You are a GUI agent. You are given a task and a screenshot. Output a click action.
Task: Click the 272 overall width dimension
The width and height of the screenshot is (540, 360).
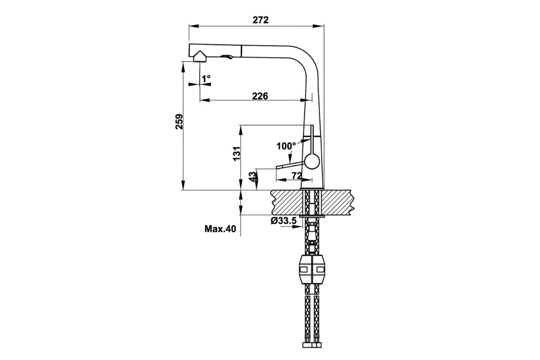tap(260, 20)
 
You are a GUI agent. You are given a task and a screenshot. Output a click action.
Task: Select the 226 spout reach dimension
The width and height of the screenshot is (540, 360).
tap(260, 96)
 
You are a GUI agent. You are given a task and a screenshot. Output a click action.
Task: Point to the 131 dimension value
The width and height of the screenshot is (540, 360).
tap(237, 154)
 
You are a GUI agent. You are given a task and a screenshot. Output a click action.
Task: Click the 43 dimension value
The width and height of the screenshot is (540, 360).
tap(253, 176)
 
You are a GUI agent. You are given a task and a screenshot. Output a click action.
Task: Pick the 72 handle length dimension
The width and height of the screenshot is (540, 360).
tap(296, 176)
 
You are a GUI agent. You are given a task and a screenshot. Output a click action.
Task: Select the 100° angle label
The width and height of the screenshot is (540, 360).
tap(286, 146)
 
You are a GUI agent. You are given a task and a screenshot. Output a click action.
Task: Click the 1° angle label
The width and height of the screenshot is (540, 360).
tap(206, 78)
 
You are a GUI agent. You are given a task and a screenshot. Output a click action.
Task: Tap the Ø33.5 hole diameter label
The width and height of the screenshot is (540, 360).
tap(284, 221)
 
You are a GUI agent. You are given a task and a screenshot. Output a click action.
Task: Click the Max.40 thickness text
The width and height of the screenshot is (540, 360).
tap(220, 229)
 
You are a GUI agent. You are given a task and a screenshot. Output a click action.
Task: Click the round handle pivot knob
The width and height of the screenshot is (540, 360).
tap(311, 161)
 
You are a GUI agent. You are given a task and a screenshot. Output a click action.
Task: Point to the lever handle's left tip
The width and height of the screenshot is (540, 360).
tap(277, 167)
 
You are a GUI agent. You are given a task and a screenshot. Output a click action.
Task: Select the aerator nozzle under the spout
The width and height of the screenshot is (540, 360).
tap(199, 57)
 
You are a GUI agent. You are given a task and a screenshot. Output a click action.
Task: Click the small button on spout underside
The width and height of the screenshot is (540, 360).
tap(226, 57)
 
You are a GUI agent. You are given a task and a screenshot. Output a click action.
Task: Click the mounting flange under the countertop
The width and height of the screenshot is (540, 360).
tap(311, 216)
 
